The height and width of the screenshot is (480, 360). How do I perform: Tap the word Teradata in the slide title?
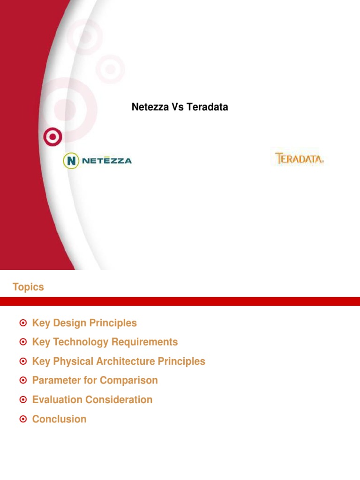tap(207, 107)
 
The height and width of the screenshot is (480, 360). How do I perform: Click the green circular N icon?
tap(71, 161)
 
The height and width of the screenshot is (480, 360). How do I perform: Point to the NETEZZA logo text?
tap(107, 161)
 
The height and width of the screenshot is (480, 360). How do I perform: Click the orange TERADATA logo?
tap(300, 158)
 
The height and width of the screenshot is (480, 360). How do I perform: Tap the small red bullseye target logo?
tap(52, 137)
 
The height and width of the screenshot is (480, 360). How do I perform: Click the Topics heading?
tap(28, 287)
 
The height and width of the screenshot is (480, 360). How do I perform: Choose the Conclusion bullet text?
tap(59, 419)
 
